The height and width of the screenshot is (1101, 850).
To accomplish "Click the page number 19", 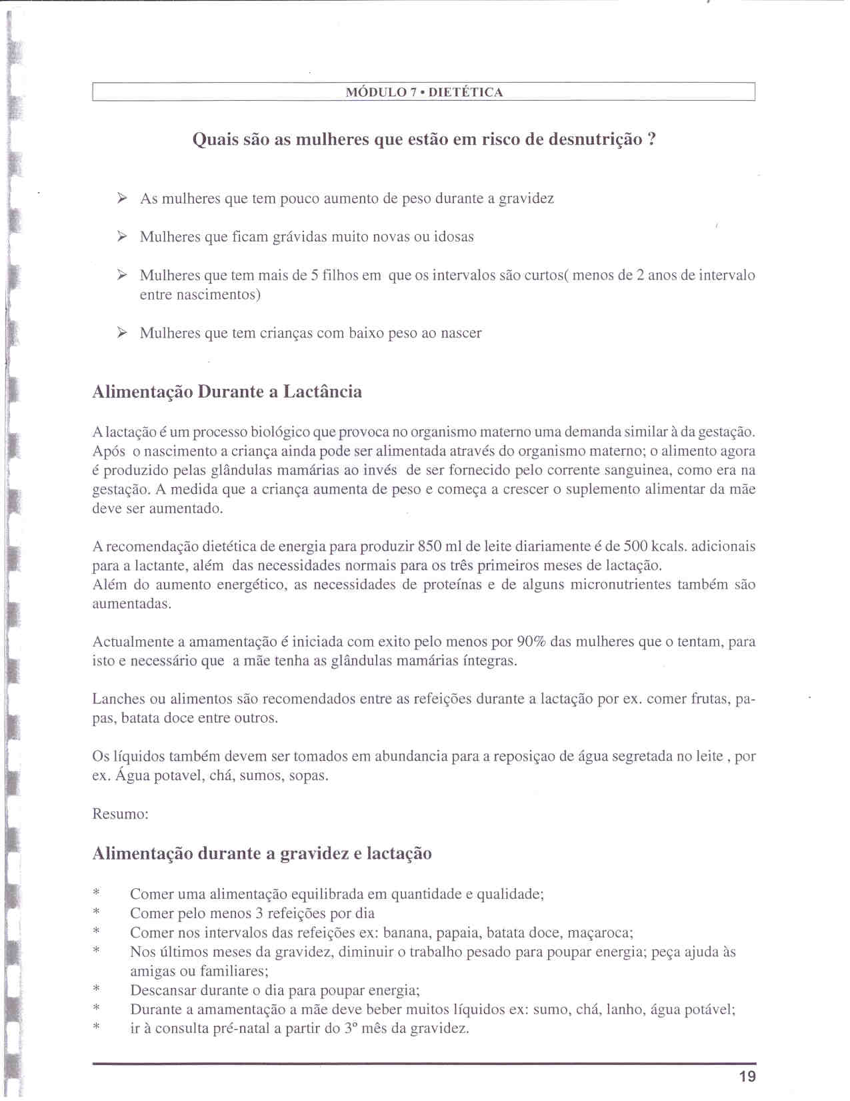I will click(747, 1076).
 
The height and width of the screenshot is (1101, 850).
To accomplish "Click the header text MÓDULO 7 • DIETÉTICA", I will click(424, 92).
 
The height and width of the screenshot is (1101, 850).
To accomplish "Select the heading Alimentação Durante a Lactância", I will click(227, 392).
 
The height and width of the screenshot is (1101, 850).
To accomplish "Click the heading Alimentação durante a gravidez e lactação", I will click(261, 853).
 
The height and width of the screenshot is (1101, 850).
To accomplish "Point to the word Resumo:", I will click(120, 814).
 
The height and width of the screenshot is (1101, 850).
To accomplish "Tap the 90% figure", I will click(531, 642).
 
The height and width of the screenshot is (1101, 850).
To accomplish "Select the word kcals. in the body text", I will click(669, 546).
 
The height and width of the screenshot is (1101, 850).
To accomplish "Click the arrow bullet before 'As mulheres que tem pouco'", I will click(122, 198).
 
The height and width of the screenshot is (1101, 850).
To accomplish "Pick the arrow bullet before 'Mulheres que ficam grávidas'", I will click(122, 236).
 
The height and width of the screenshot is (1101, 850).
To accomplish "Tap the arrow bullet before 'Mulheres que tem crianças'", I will click(122, 333).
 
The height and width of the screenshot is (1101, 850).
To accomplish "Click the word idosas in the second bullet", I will click(453, 237).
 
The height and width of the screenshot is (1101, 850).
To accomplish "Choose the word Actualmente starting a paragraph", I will click(133, 642).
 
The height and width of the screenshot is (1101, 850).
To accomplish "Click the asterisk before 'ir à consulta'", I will click(97, 1029).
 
